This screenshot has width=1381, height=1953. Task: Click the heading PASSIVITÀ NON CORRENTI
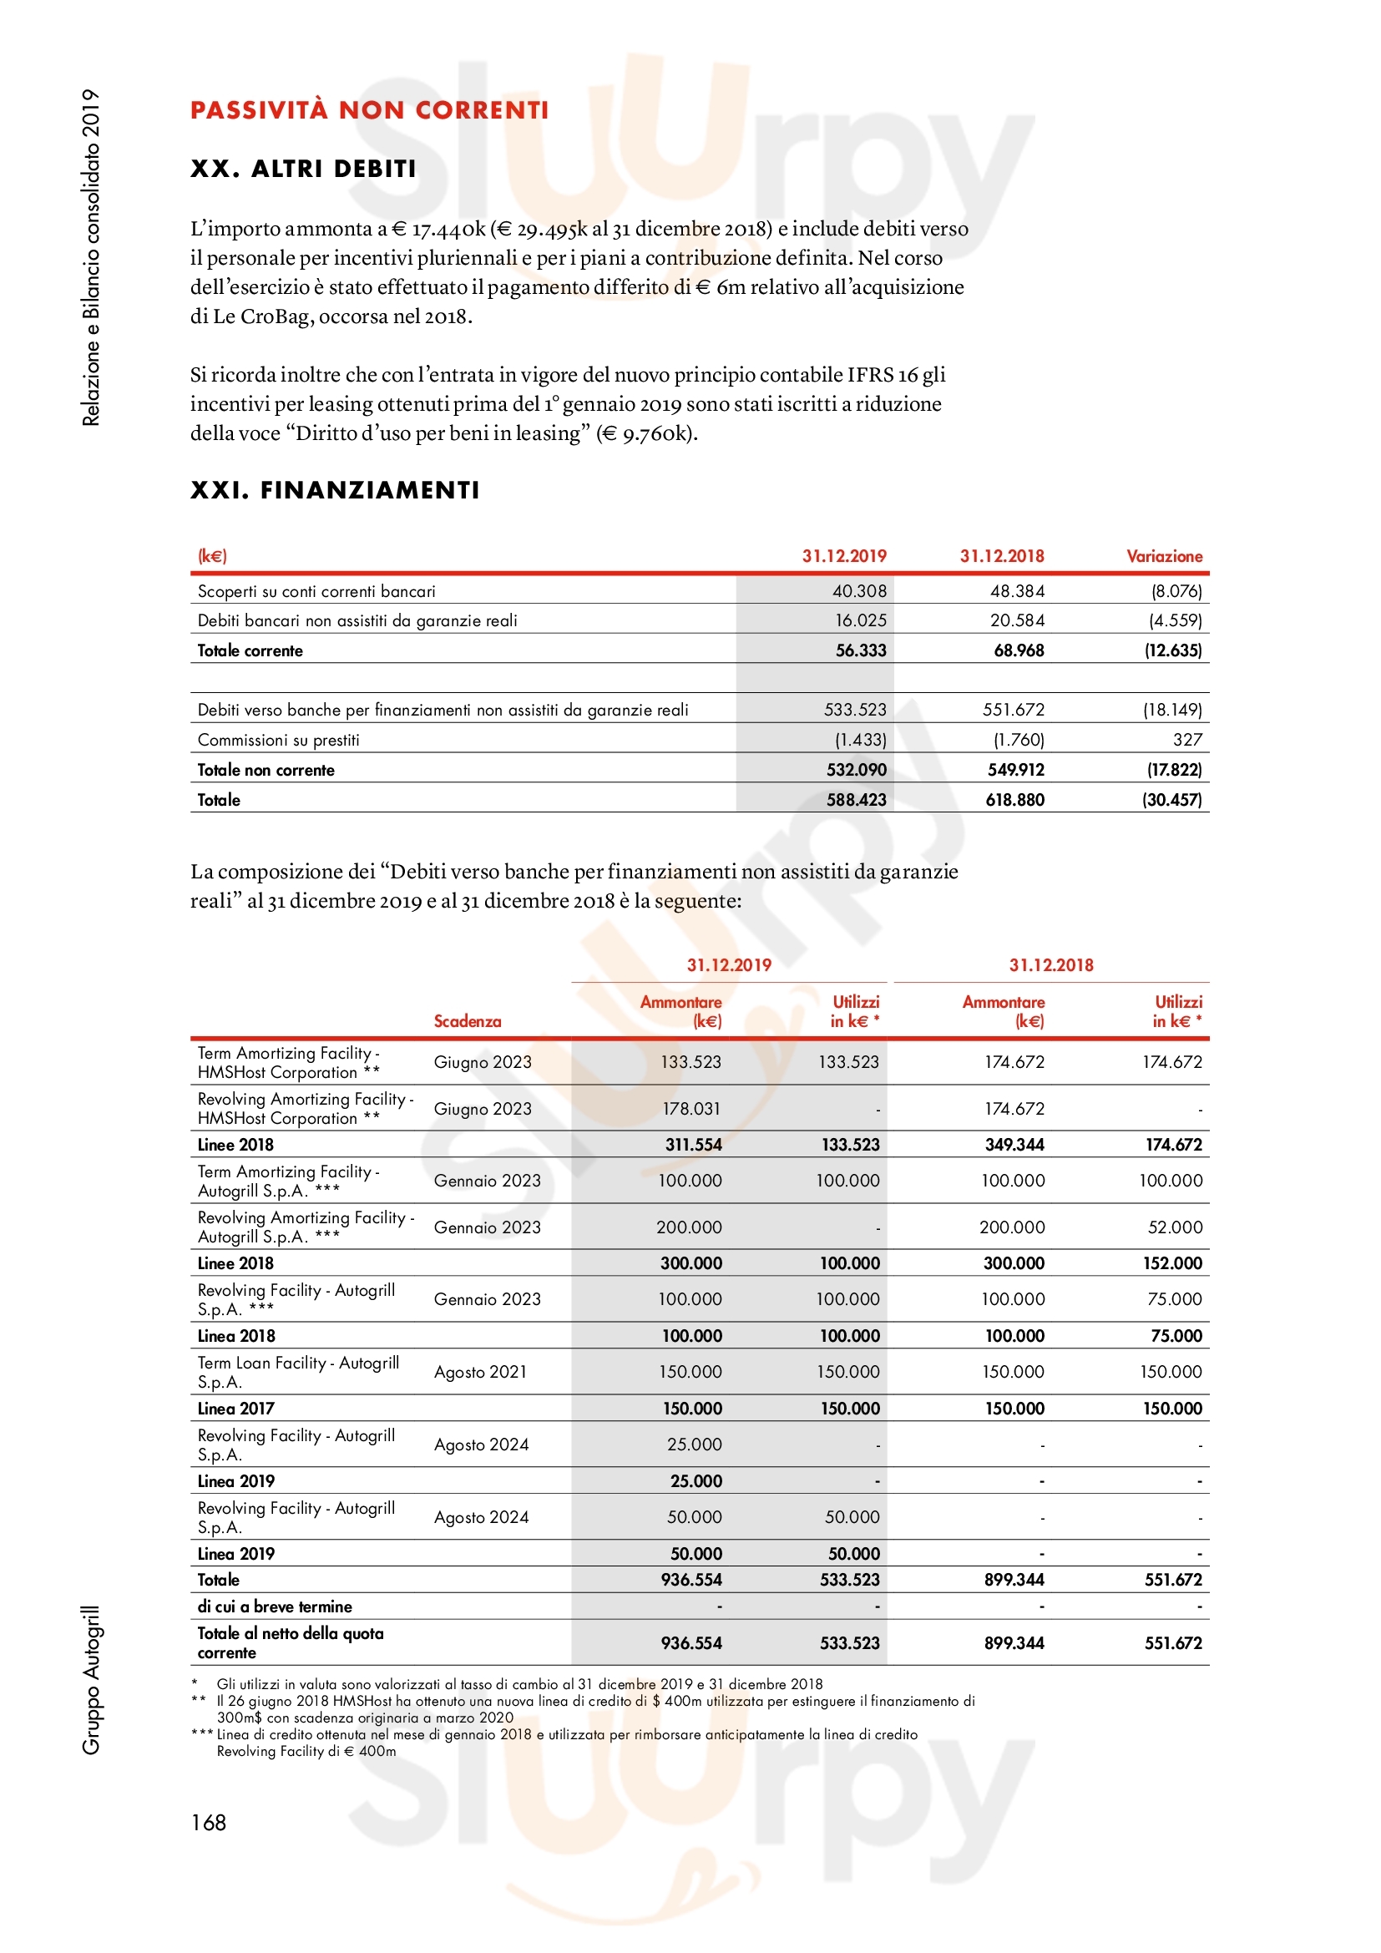pyautogui.click(x=369, y=110)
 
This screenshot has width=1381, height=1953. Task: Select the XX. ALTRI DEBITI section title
pyautogui.click(x=304, y=169)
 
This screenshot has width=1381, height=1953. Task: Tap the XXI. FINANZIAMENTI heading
pyautogui.click(x=335, y=490)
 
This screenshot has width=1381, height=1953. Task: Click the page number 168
pyautogui.click(x=209, y=1823)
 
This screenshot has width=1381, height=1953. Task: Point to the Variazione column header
pyautogui.click(x=1164, y=556)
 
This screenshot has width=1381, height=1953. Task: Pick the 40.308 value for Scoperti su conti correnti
pyautogui.click(x=859, y=591)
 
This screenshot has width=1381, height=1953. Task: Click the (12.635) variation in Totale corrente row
pyautogui.click(x=1172, y=650)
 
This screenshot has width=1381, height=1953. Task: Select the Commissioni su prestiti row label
pyautogui.click(x=278, y=740)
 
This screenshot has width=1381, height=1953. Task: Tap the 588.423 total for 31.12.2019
pyautogui.click(x=857, y=801)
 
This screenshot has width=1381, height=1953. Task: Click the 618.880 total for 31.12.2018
pyautogui.click(x=1014, y=801)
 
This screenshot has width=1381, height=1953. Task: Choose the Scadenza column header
pyautogui.click(x=467, y=1021)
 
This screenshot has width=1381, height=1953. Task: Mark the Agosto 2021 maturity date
pyautogui.click(x=480, y=1372)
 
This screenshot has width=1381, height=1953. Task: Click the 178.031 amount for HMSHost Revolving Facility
pyautogui.click(x=691, y=1109)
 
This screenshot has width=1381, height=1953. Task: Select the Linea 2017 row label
pyautogui.click(x=235, y=1409)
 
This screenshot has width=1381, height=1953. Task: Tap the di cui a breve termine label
pyautogui.click(x=275, y=1606)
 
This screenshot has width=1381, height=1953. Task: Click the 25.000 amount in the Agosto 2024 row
pyautogui.click(x=695, y=1445)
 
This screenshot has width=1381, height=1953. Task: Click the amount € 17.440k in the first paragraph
pyautogui.click(x=438, y=229)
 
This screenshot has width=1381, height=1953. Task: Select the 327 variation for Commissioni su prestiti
pyautogui.click(x=1187, y=740)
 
